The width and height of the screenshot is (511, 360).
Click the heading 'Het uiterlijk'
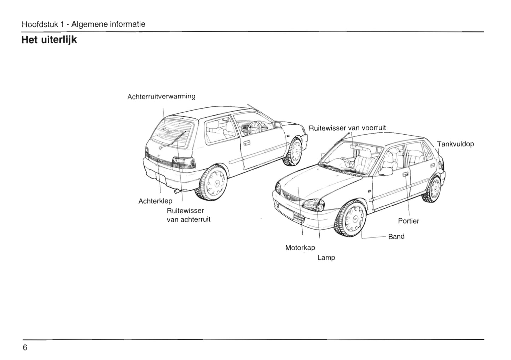[x=49, y=40]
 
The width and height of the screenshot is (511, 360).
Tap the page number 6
[x=25, y=348]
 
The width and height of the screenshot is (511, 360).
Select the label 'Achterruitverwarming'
[x=161, y=96]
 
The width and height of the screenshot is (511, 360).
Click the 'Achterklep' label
[x=155, y=201]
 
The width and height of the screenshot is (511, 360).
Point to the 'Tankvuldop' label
[x=455, y=144]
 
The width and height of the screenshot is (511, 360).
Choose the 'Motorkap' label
[x=300, y=248]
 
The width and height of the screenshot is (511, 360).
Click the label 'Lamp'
[x=326, y=258]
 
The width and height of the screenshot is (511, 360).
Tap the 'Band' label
[x=396, y=237]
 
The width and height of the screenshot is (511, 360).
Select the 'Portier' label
[x=408, y=221]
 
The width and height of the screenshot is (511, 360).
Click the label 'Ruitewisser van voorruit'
[x=347, y=128]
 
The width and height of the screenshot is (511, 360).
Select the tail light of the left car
[x=184, y=163]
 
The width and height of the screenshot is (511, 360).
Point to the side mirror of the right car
[x=386, y=172]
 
